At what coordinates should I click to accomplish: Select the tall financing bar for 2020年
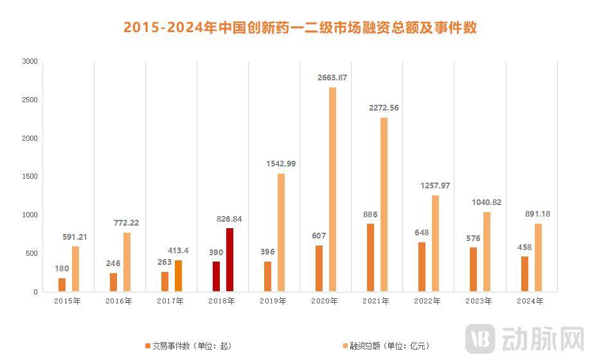coord(332,190)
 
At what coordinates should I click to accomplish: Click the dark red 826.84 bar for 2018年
coord(229,260)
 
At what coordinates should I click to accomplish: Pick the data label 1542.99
coord(281,164)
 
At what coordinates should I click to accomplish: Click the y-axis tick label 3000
coord(30,62)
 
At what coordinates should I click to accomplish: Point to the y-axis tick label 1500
coord(30,177)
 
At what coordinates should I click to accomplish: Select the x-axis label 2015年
coord(68,301)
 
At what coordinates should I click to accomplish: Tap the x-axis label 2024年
coord(531,301)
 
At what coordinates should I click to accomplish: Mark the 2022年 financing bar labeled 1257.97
coord(435,244)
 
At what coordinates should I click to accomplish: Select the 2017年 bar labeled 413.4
coord(178,276)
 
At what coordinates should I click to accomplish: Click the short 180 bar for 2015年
coord(62,285)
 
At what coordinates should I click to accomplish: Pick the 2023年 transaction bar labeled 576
coord(473,269)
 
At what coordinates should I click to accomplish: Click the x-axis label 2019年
coord(274,301)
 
